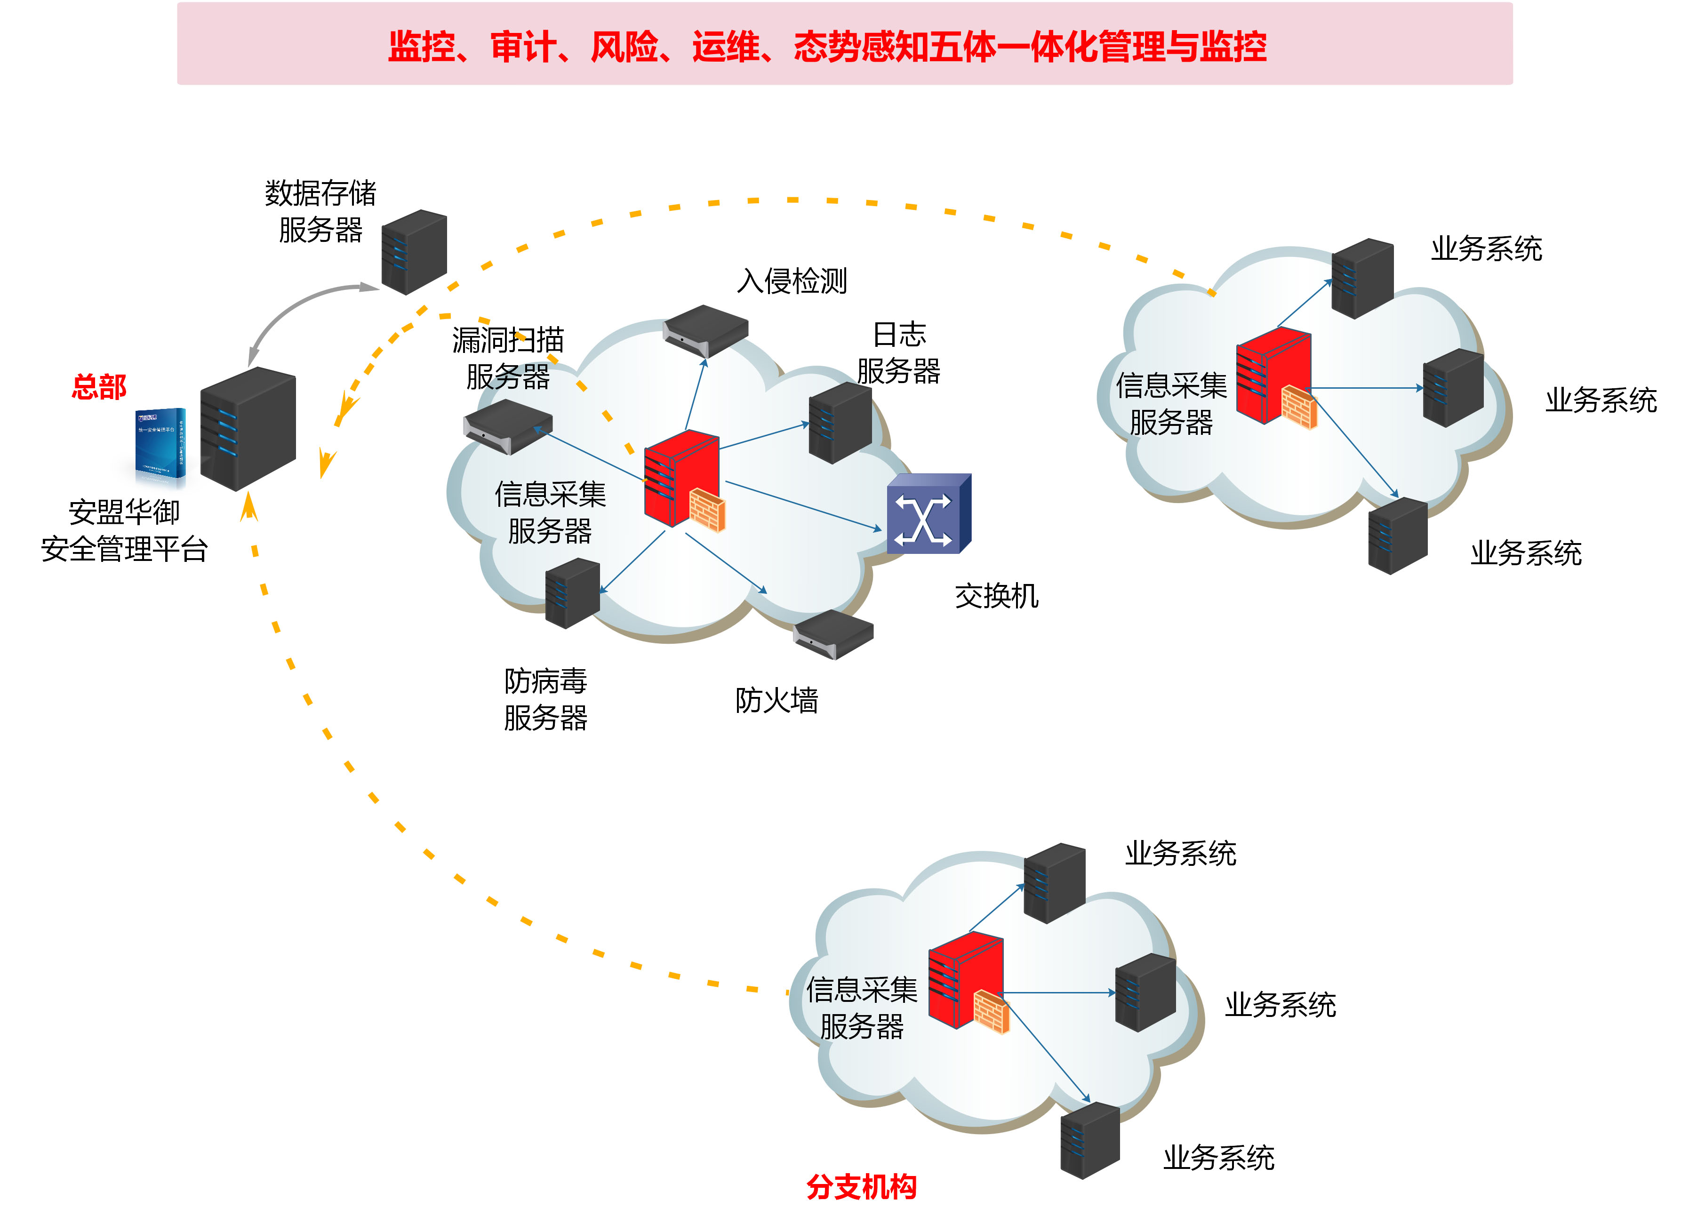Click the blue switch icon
(928, 514)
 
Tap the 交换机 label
(996, 596)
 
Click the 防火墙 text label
(776, 700)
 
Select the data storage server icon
(414, 252)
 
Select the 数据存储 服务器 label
(320, 211)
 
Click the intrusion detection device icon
(705, 330)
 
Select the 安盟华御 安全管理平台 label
(124, 530)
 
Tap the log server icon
(840, 422)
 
